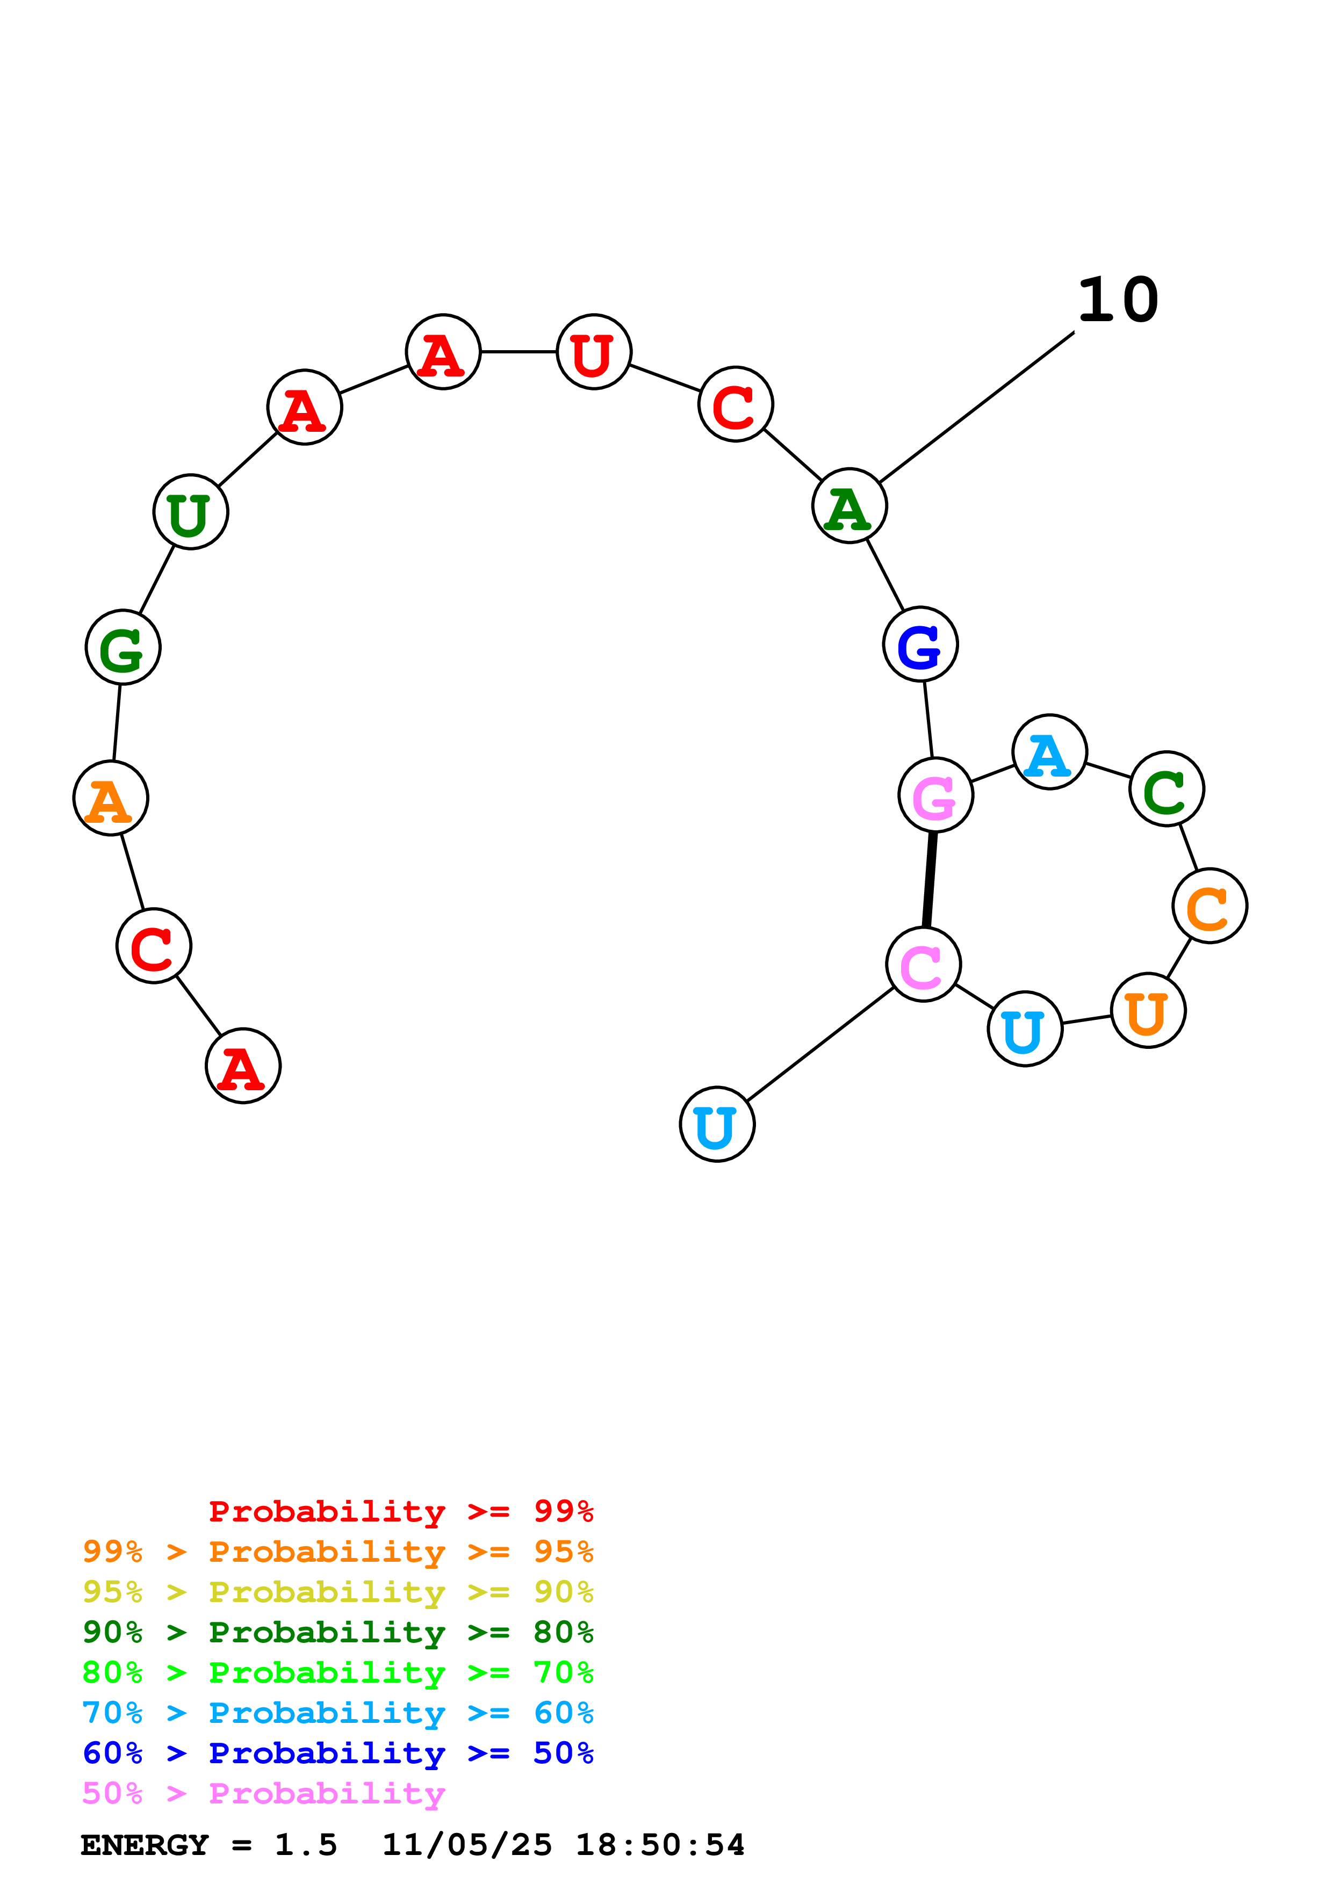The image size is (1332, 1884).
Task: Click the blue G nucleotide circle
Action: pyautogui.click(x=920, y=644)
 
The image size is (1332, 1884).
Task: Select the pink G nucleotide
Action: pyautogui.click(x=935, y=795)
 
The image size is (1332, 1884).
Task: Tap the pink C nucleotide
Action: pyautogui.click(x=923, y=965)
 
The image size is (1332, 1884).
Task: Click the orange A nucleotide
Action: pyautogui.click(x=111, y=799)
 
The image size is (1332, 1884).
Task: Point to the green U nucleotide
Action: pyautogui.click(x=190, y=512)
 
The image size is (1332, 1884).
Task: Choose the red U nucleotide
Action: pyautogui.click(x=593, y=352)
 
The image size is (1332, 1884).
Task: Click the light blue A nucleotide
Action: pyautogui.click(x=1049, y=752)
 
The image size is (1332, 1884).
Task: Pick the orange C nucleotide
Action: pyautogui.click(x=1209, y=906)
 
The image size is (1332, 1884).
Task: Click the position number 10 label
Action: pyautogui.click(x=1117, y=300)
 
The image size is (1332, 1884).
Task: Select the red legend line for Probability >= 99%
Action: pyautogui.click(x=400, y=1511)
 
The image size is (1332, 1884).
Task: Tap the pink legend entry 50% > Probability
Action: pyautogui.click(x=263, y=1794)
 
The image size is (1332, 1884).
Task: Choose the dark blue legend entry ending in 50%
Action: pyautogui.click(x=337, y=1753)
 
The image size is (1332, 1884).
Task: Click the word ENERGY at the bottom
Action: pyautogui.click(x=145, y=1845)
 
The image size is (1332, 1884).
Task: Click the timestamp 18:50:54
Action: pyautogui.click(x=660, y=1845)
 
